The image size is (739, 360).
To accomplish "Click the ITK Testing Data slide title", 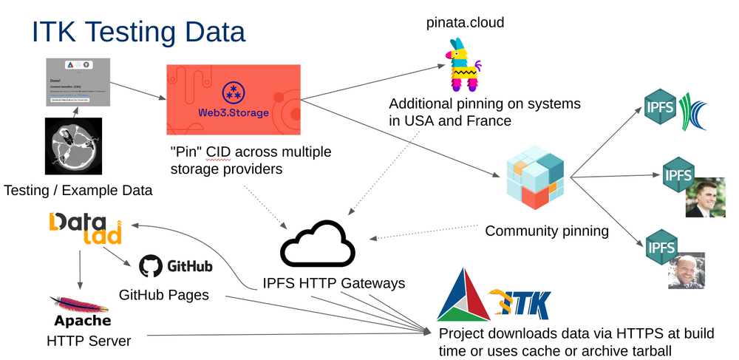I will pyautogui.click(x=137, y=33).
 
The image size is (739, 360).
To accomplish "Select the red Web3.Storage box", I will pyautogui.click(x=233, y=101).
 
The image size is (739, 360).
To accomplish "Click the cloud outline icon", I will pyautogui.click(x=315, y=246).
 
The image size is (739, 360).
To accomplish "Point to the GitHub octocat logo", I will pyautogui.click(x=151, y=266).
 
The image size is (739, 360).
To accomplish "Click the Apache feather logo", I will pyautogui.click(x=81, y=304).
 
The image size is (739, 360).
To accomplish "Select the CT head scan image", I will pyautogui.click(x=78, y=146).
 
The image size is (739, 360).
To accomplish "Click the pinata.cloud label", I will pyautogui.click(x=465, y=23).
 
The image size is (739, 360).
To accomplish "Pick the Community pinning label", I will pyautogui.click(x=546, y=231).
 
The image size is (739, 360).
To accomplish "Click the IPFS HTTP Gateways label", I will pyautogui.click(x=334, y=283).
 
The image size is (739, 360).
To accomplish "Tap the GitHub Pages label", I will pyautogui.click(x=164, y=294).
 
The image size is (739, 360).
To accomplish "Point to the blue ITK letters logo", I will pyautogui.click(x=525, y=303).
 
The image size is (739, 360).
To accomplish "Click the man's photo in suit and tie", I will pyautogui.click(x=705, y=194).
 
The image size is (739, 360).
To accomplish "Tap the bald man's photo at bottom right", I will pyautogui.click(x=686, y=270).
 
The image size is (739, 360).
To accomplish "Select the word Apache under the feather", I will pyautogui.click(x=83, y=321).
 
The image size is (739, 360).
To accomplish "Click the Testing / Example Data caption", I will pyautogui.click(x=78, y=190).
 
